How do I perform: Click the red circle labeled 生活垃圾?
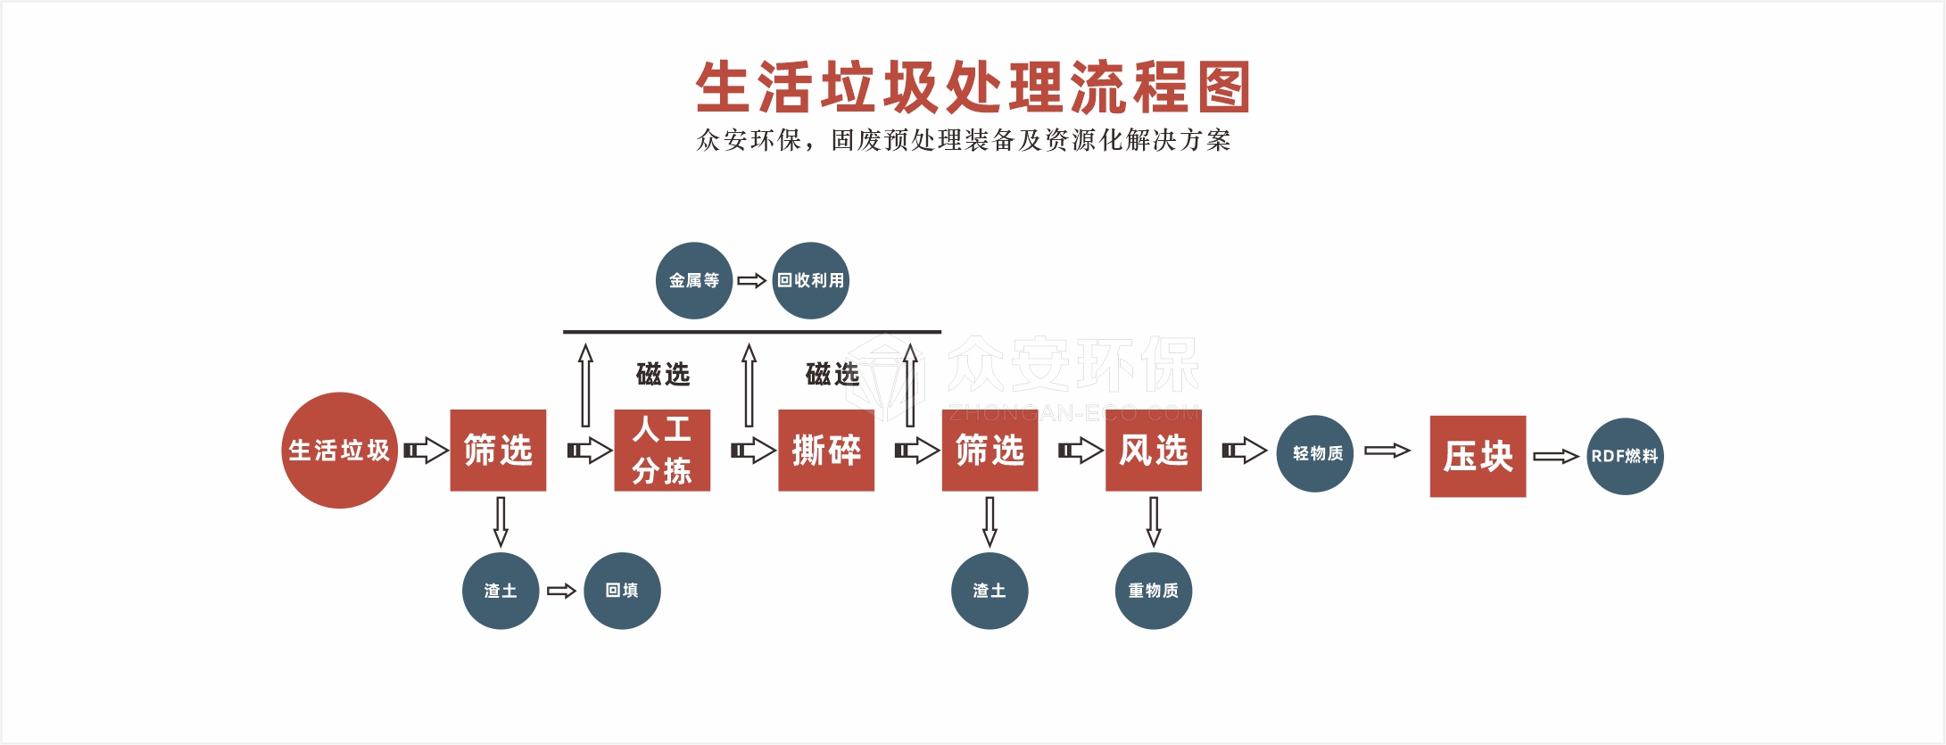click(x=339, y=451)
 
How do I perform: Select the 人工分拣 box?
click(x=662, y=451)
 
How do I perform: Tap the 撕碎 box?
click(x=826, y=451)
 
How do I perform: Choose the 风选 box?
click(x=1154, y=451)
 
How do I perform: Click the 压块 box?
click(x=1478, y=456)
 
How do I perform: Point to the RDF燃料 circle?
click(x=1625, y=456)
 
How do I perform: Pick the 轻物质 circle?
click(x=1315, y=453)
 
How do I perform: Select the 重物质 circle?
click(x=1154, y=591)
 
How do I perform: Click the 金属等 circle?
click(x=694, y=280)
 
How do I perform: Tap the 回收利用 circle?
click(x=810, y=280)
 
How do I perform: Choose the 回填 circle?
click(x=622, y=591)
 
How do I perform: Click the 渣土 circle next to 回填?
click(x=501, y=591)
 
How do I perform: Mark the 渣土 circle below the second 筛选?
click(x=990, y=591)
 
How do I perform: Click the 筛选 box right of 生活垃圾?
click(x=498, y=451)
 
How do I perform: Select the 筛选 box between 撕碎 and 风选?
click(x=990, y=451)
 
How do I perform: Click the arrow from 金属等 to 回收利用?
click(x=751, y=281)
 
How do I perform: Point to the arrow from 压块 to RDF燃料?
click(x=1556, y=457)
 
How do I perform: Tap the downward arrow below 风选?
click(x=1154, y=521)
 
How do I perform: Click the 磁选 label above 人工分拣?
click(x=663, y=374)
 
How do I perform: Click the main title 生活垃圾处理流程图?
click(x=973, y=87)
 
